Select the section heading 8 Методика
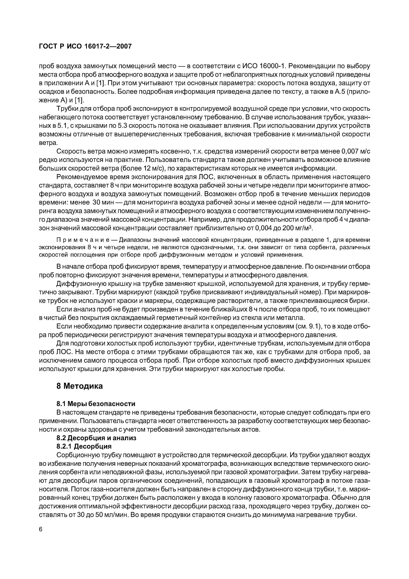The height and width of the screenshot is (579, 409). coord(80,386)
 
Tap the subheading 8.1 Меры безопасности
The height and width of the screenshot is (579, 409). coord(96,404)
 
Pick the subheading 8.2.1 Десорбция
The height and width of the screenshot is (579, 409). coord(84,446)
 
